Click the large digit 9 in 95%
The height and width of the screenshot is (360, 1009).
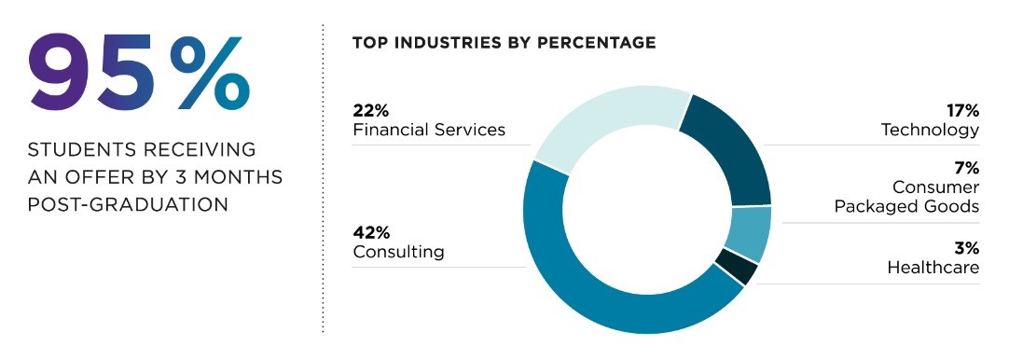click(66, 73)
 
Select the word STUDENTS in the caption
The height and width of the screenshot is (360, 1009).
click(78, 150)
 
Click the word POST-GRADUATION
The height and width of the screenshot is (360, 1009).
click(128, 203)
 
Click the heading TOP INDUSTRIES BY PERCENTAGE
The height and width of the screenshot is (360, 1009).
click(504, 43)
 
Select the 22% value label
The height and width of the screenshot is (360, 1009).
click(370, 111)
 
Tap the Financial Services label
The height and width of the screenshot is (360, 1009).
click(429, 130)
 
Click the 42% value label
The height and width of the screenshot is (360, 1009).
click(371, 233)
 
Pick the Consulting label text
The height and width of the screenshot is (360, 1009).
click(398, 252)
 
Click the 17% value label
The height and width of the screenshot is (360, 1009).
click(961, 111)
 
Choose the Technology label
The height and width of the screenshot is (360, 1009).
click(930, 130)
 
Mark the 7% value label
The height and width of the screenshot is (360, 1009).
click(966, 169)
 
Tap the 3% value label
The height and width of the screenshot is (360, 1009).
click(966, 249)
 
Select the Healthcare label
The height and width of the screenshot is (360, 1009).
click(933, 268)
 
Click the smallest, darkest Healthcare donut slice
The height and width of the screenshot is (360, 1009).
click(736, 269)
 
